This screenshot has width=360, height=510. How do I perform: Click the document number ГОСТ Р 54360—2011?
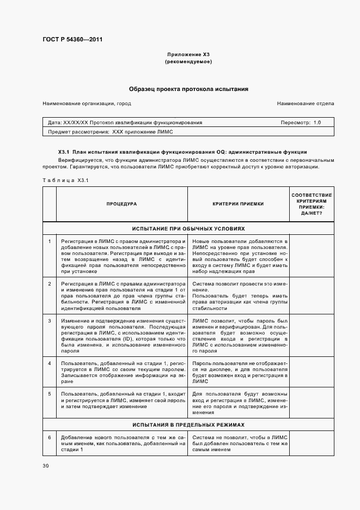[72, 40]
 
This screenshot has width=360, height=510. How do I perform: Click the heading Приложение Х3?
[188, 55]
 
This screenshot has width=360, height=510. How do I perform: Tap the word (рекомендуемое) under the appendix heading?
[188, 62]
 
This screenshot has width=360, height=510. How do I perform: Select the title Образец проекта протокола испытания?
[188, 88]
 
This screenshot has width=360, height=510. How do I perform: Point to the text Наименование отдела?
[305, 104]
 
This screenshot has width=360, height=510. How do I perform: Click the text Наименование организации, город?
[87, 104]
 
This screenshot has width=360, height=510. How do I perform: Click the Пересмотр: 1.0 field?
[301, 123]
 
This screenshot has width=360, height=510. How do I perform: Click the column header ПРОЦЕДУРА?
[121, 204]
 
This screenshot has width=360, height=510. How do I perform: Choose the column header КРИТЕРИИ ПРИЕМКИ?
[238, 204]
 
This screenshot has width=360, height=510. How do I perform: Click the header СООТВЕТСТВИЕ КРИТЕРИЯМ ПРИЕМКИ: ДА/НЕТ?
[312, 204]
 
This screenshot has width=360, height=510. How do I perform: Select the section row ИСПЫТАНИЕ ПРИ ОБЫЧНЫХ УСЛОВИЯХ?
[188, 229]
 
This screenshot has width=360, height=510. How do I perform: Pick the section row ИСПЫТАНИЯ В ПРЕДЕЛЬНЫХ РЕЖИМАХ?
[188, 424]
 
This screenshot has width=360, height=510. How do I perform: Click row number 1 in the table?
[50, 241]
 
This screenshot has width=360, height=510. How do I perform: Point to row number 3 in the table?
[50, 320]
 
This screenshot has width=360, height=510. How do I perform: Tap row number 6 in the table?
[50, 437]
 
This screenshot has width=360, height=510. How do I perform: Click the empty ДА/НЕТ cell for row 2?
[312, 296]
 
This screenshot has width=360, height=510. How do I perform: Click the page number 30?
[46, 465]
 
